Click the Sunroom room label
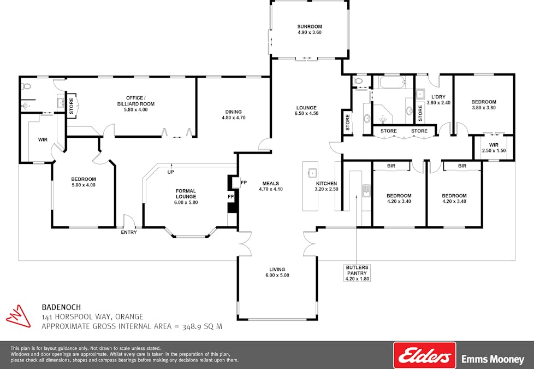[310, 26]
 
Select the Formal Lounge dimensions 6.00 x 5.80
[186, 202]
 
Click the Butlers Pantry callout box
[357, 273]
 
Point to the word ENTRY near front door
[129, 232]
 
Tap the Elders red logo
[424, 356]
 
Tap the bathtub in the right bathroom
[392, 84]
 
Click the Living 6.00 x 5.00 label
[277, 272]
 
